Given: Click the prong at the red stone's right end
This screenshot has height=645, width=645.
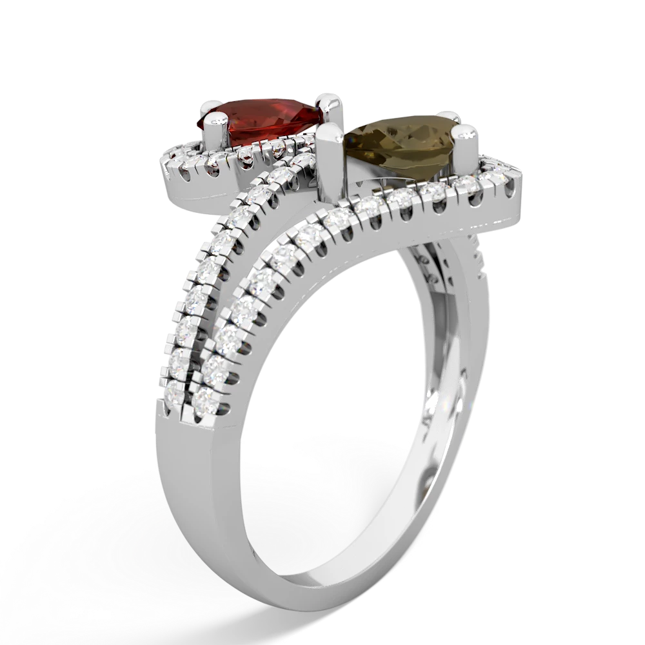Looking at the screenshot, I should coord(328,103).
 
